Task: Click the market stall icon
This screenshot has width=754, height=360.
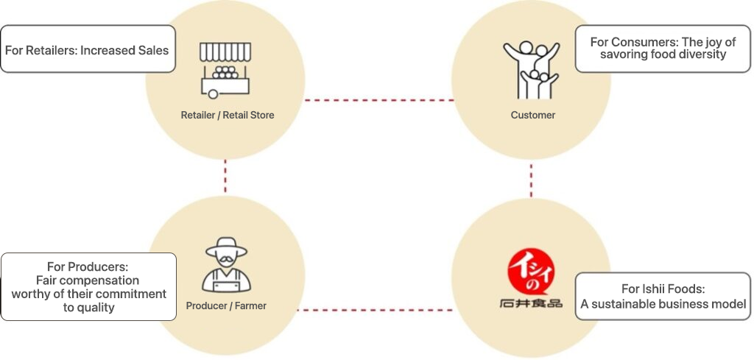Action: (225, 71)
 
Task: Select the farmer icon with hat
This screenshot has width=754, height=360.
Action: (226, 266)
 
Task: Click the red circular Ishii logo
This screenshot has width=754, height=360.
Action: (532, 272)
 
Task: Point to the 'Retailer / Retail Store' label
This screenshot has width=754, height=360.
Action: (227, 115)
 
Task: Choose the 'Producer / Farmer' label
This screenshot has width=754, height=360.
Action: (226, 306)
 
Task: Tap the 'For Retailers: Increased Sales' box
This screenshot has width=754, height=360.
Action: (88, 49)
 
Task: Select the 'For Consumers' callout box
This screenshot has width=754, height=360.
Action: (662, 49)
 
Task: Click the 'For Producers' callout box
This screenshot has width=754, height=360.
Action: (88, 286)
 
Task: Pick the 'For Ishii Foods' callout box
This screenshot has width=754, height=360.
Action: (663, 296)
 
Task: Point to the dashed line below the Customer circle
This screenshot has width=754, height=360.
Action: (531, 180)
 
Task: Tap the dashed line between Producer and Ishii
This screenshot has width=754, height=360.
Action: (378, 310)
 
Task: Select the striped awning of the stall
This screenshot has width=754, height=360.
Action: (225, 52)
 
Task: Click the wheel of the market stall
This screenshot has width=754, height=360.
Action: (214, 94)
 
